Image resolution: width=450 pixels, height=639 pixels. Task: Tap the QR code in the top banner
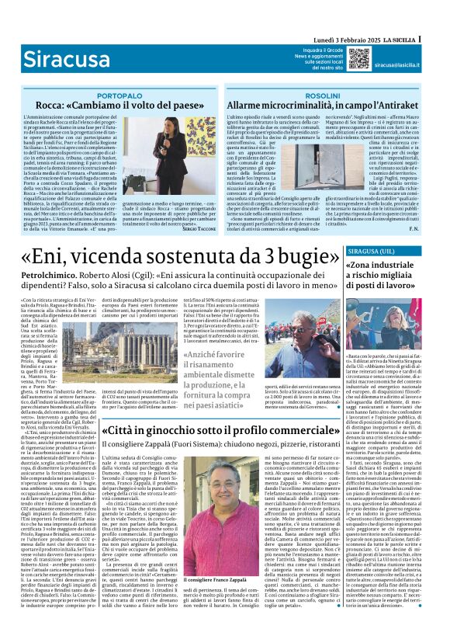click(358, 58)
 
